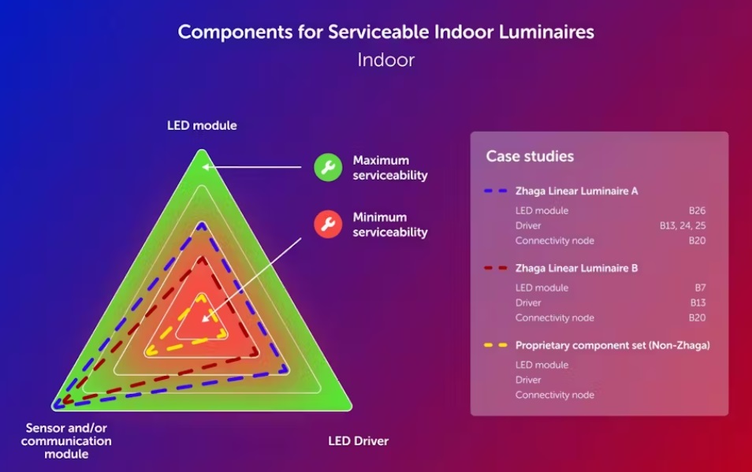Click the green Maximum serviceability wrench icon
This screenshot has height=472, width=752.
[x=328, y=167]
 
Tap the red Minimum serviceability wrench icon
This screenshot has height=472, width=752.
[x=328, y=225]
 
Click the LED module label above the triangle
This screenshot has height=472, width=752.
[x=202, y=125]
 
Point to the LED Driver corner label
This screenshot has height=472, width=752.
[x=359, y=440]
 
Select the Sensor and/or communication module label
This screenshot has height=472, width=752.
[x=66, y=440]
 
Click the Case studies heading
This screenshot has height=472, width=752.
[x=530, y=156]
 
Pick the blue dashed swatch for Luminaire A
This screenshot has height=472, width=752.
[x=494, y=191]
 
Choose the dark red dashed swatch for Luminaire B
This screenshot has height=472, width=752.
[x=494, y=269]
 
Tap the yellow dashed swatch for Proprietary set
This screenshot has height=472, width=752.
[x=494, y=346]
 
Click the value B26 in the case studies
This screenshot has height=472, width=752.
[x=697, y=210]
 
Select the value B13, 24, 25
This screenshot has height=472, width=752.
[x=683, y=225]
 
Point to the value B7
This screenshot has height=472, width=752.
[x=699, y=288]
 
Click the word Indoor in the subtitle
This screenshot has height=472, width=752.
[x=385, y=60]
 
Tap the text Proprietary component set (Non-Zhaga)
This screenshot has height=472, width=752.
[x=612, y=346]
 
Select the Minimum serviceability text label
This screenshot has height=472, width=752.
[x=389, y=225]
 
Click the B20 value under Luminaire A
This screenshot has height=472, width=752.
[x=697, y=240]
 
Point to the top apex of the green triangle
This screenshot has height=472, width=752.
[x=202, y=151]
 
